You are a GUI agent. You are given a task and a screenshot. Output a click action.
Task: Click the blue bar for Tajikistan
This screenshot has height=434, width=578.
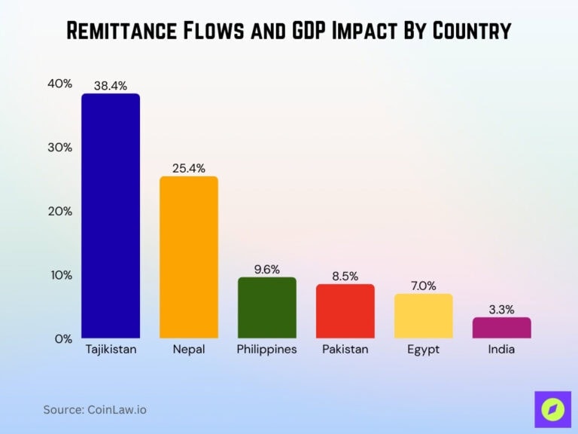(x=111, y=215)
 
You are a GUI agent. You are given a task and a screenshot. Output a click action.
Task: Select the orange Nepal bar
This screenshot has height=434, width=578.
(x=189, y=257)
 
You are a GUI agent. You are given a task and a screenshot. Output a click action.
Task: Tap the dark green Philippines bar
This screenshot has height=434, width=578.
(x=267, y=307)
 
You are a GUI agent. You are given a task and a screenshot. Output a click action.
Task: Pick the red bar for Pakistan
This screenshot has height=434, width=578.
(x=345, y=311)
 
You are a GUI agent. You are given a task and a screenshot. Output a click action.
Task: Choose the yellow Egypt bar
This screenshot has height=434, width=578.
(x=424, y=316)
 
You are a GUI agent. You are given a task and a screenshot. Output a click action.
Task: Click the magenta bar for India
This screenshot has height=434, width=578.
(x=502, y=328)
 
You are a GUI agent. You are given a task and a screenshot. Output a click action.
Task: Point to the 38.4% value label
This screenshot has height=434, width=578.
(x=111, y=86)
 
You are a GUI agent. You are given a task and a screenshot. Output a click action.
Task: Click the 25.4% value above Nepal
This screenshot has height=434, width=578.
(x=189, y=168)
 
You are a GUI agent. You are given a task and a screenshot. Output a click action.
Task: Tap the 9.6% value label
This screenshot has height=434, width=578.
(x=267, y=269)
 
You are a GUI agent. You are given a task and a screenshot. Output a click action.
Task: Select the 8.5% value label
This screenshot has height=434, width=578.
(x=345, y=276)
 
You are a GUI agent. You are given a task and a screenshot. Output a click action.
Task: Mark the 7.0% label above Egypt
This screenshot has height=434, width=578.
(x=424, y=286)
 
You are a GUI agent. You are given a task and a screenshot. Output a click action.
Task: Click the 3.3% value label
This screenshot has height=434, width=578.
(x=502, y=309)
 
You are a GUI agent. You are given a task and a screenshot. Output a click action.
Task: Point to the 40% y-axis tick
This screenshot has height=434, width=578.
(x=60, y=84)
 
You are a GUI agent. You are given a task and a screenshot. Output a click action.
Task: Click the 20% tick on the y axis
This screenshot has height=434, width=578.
(x=60, y=211)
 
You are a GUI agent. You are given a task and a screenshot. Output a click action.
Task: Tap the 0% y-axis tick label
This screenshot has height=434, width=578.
(x=63, y=338)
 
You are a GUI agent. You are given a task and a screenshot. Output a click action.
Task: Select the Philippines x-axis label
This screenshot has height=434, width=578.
(x=267, y=350)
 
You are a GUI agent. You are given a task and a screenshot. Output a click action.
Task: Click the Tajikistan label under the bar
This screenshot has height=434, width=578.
(x=111, y=350)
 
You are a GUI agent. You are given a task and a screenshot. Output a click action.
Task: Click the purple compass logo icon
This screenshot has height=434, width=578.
(x=553, y=409)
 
